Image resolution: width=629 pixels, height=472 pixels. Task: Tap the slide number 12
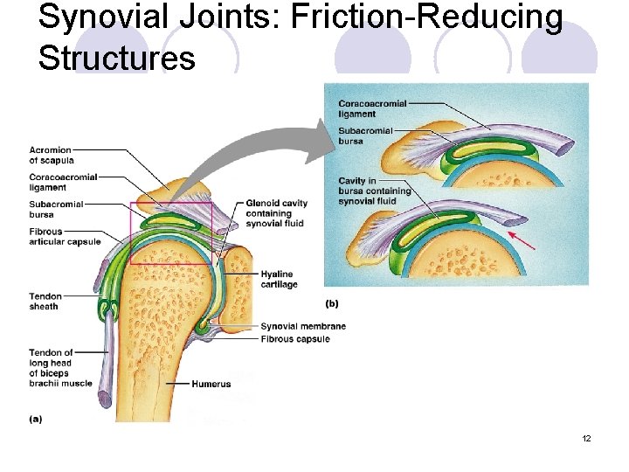pos(586,438)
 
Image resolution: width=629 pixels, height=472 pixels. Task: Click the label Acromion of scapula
pos(52,155)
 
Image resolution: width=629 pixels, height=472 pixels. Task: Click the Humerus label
pos(212,384)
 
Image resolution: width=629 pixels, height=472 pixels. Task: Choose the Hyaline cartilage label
pos(279,280)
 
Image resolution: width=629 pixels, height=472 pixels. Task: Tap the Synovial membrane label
pos(303,327)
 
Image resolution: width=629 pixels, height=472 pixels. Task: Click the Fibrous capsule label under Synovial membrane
pos(295,339)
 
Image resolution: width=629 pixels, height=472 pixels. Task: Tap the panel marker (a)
pos(36,419)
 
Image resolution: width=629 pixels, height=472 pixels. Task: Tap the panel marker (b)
pos(332,303)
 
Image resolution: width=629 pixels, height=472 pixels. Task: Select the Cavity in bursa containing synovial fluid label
pos(374,191)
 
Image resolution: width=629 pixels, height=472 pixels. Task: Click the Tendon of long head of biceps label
pos(60,368)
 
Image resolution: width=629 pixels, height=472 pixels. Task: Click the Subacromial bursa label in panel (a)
pos(56,209)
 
